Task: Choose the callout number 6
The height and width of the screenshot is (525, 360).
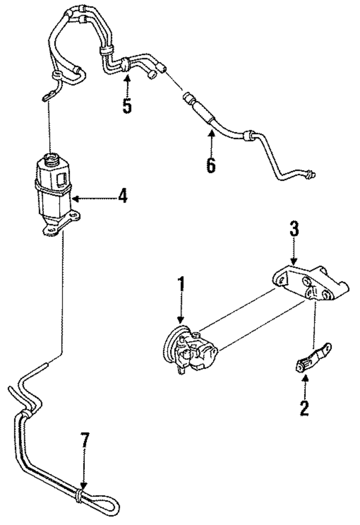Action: (211, 165)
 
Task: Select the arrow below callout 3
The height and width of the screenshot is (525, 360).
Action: (294, 252)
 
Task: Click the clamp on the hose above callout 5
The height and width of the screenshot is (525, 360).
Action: (126, 64)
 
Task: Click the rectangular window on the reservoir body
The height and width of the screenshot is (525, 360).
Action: (62, 179)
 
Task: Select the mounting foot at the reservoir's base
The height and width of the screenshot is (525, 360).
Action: (61, 222)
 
